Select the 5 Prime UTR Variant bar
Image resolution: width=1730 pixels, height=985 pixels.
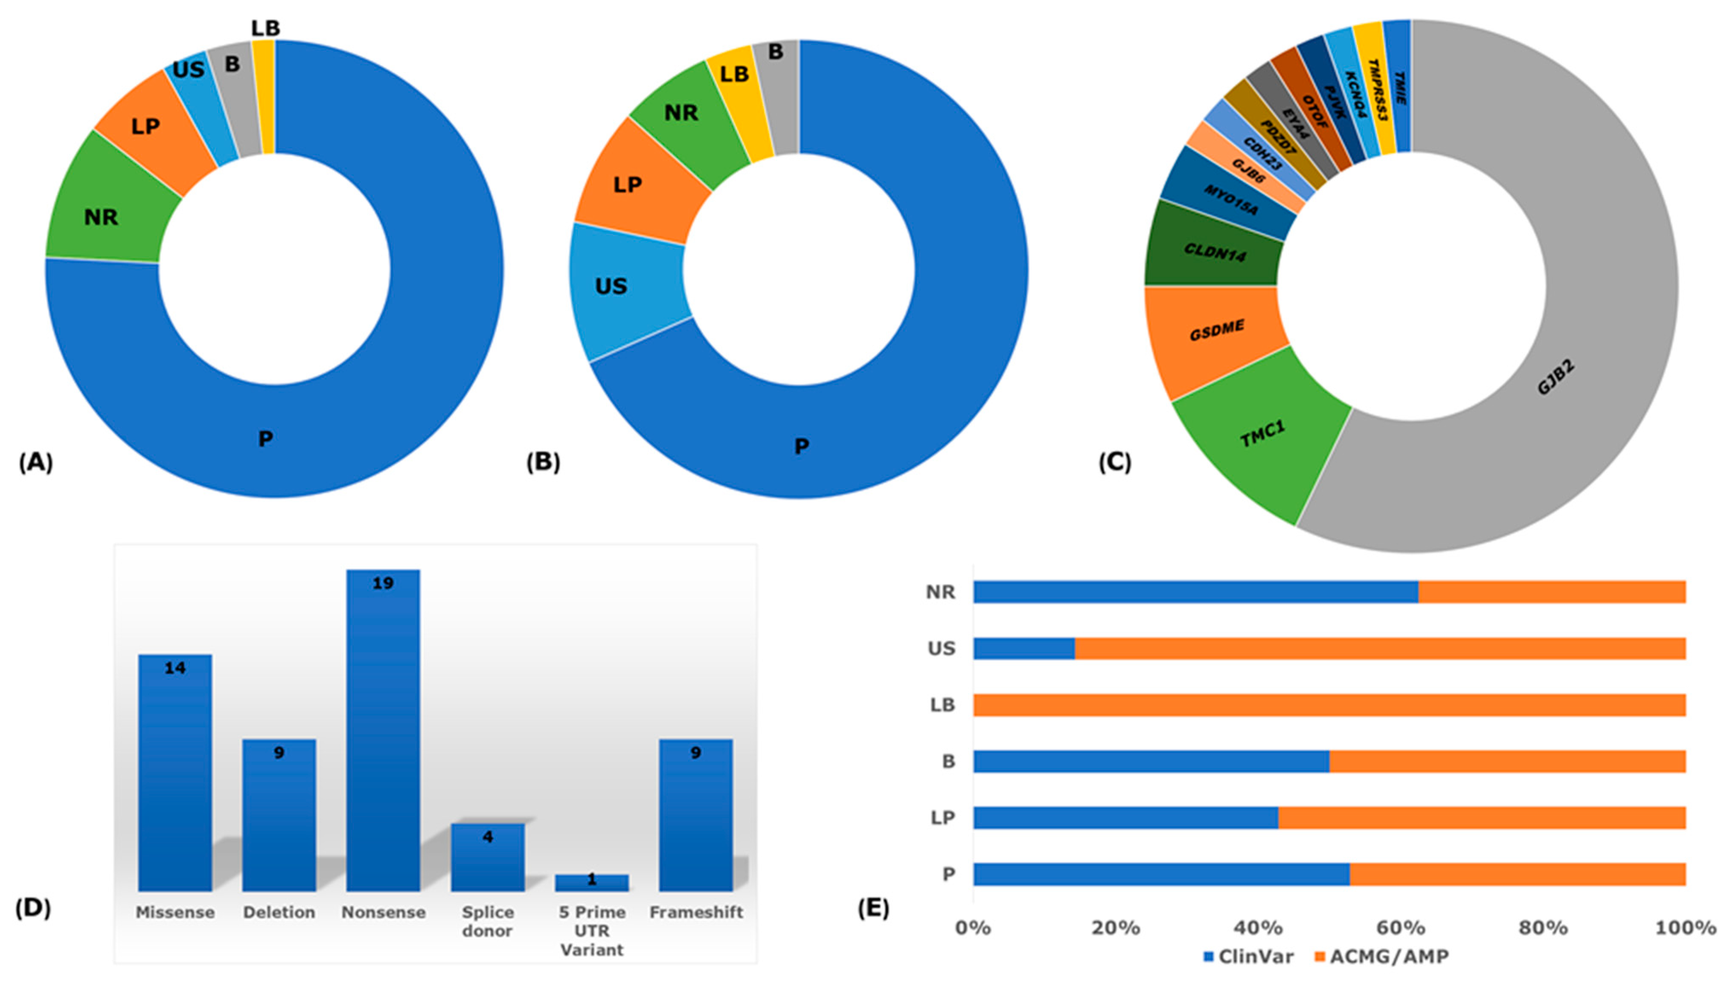[592, 882]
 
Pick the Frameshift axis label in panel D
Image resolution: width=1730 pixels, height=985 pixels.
[696, 912]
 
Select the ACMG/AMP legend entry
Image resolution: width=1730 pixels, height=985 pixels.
[1381, 956]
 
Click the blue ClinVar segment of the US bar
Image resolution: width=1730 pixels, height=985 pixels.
[1023, 648]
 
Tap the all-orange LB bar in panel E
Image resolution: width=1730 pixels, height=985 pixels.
[1329, 705]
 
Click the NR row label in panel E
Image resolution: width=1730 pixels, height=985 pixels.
[941, 592]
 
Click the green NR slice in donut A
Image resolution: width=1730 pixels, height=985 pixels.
[102, 217]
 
